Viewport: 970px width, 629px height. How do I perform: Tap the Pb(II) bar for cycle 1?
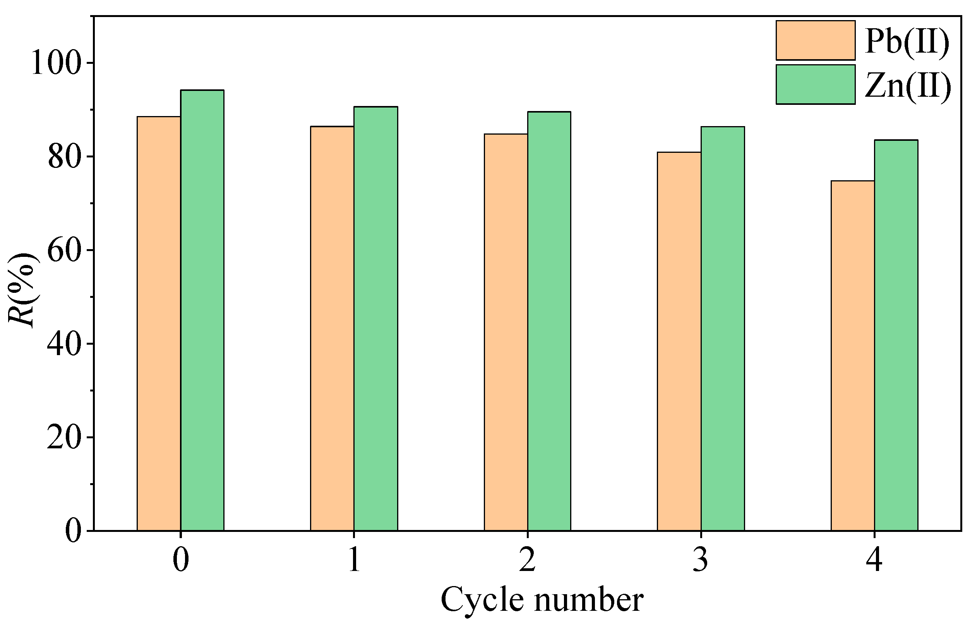pos(332,328)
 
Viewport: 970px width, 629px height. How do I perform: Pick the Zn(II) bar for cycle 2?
pos(549,321)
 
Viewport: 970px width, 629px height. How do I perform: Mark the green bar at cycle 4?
pos(896,335)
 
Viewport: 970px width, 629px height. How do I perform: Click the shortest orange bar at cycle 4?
pos(853,355)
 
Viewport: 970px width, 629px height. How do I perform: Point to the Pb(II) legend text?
pos(907,41)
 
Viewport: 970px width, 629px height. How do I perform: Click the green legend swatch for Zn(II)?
pos(815,84)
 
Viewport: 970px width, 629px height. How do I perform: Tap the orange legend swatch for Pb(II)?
pos(815,40)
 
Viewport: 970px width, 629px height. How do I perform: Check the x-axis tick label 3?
pos(700,560)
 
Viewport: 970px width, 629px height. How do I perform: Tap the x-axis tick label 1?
pos(354,560)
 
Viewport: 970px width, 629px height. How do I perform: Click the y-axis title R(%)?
pos(23,290)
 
